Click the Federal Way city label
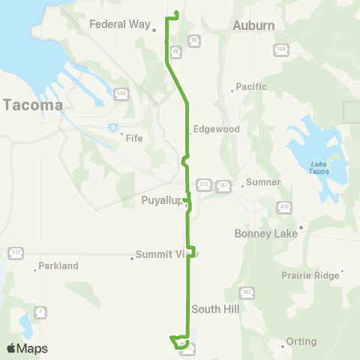tap(120, 24)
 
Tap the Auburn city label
tap(253, 25)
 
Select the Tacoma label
tap(32, 105)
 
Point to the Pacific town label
tap(251, 87)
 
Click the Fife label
tap(134, 138)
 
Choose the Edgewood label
tap(216, 129)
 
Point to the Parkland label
tap(58, 265)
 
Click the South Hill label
tap(214, 309)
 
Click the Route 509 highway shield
tap(121, 93)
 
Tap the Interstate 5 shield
tap(112, 127)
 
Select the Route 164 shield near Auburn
tap(281, 49)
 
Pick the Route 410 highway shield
tap(285, 206)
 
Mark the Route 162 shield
tap(246, 291)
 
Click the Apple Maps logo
tap(27, 349)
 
